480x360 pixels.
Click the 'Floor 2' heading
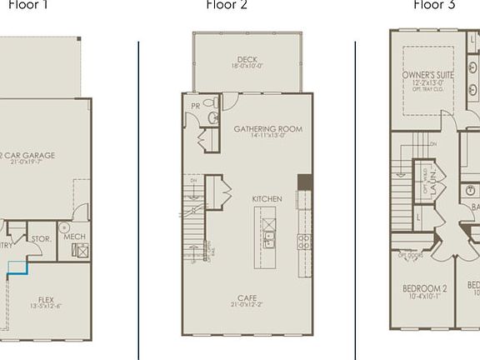point(226,5)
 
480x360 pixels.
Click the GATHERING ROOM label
point(267,129)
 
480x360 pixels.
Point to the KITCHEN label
point(267,199)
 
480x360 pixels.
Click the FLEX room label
point(46,300)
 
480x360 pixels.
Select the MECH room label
point(73,237)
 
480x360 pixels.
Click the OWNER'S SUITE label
point(427,75)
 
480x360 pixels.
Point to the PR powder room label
point(195,106)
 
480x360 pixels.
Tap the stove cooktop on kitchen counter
point(304,242)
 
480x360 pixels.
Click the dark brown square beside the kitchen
point(304,183)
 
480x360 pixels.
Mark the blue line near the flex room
point(18,267)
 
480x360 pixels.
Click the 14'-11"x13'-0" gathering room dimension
point(267,137)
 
